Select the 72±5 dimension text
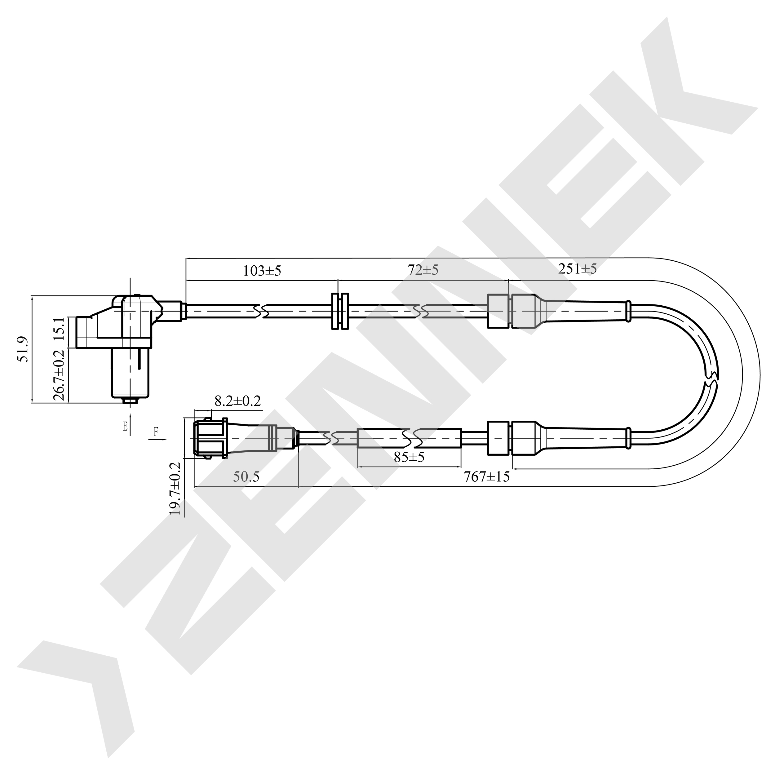coord(423,270)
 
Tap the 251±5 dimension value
coord(578,268)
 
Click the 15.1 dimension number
coord(59,329)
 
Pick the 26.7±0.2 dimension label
coord(59,375)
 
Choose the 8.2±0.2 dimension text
coord(238,401)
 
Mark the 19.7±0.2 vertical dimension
coord(175,488)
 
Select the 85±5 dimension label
coord(409,457)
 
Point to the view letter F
coord(156,432)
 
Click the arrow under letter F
coord(157,440)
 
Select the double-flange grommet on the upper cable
coord(340,311)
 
